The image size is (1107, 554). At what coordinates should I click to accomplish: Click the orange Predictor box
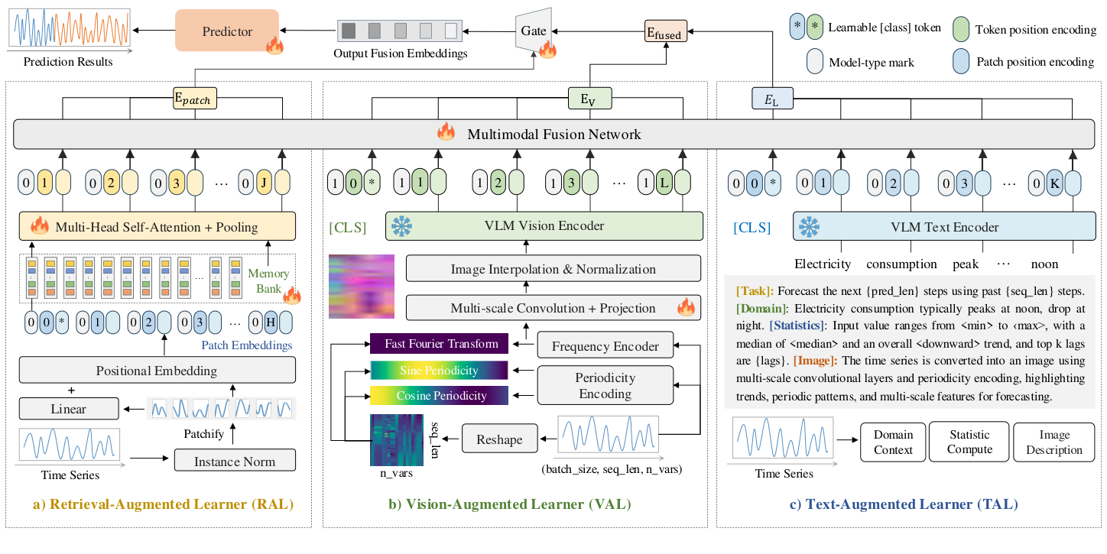pos(226,31)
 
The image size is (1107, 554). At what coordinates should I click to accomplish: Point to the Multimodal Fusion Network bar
pos(553,134)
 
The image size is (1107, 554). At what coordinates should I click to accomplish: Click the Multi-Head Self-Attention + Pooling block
pos(157,227)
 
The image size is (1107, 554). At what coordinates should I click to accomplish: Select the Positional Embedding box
pos(157,371)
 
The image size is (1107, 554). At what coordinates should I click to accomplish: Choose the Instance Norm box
pos(234,461)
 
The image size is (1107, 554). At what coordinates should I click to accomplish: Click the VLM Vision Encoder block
pos(544,225)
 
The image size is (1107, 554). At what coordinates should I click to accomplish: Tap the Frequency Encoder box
pos(605,346)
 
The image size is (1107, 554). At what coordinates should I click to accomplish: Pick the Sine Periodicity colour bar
pos(438,370)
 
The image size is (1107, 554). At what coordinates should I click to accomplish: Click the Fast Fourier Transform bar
pos(438,344)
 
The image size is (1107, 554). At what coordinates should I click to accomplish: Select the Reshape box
pos(499,439)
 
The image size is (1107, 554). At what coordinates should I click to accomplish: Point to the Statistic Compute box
pos(969,442)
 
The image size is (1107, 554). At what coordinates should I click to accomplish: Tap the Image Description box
pos(1053,442)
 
